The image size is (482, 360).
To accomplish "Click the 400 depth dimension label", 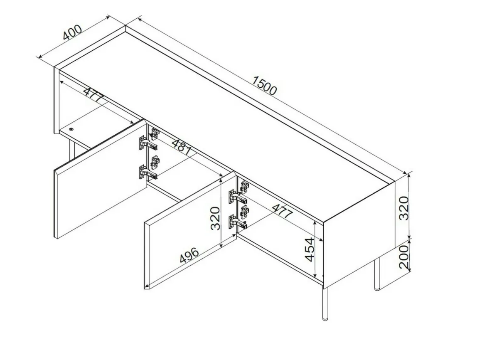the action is coord(73,32).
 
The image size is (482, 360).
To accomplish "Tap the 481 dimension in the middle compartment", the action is coord(182,147).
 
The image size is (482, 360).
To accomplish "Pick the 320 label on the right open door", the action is coord(215,219).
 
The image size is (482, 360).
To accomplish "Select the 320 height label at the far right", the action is coord(404,208).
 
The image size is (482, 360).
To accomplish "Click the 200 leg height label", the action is coord(404,256).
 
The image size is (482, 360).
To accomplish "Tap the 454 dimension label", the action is coord(310,249).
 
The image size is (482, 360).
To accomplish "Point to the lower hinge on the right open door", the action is coord(238,222).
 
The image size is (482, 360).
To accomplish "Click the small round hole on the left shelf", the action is coord(71,129).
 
